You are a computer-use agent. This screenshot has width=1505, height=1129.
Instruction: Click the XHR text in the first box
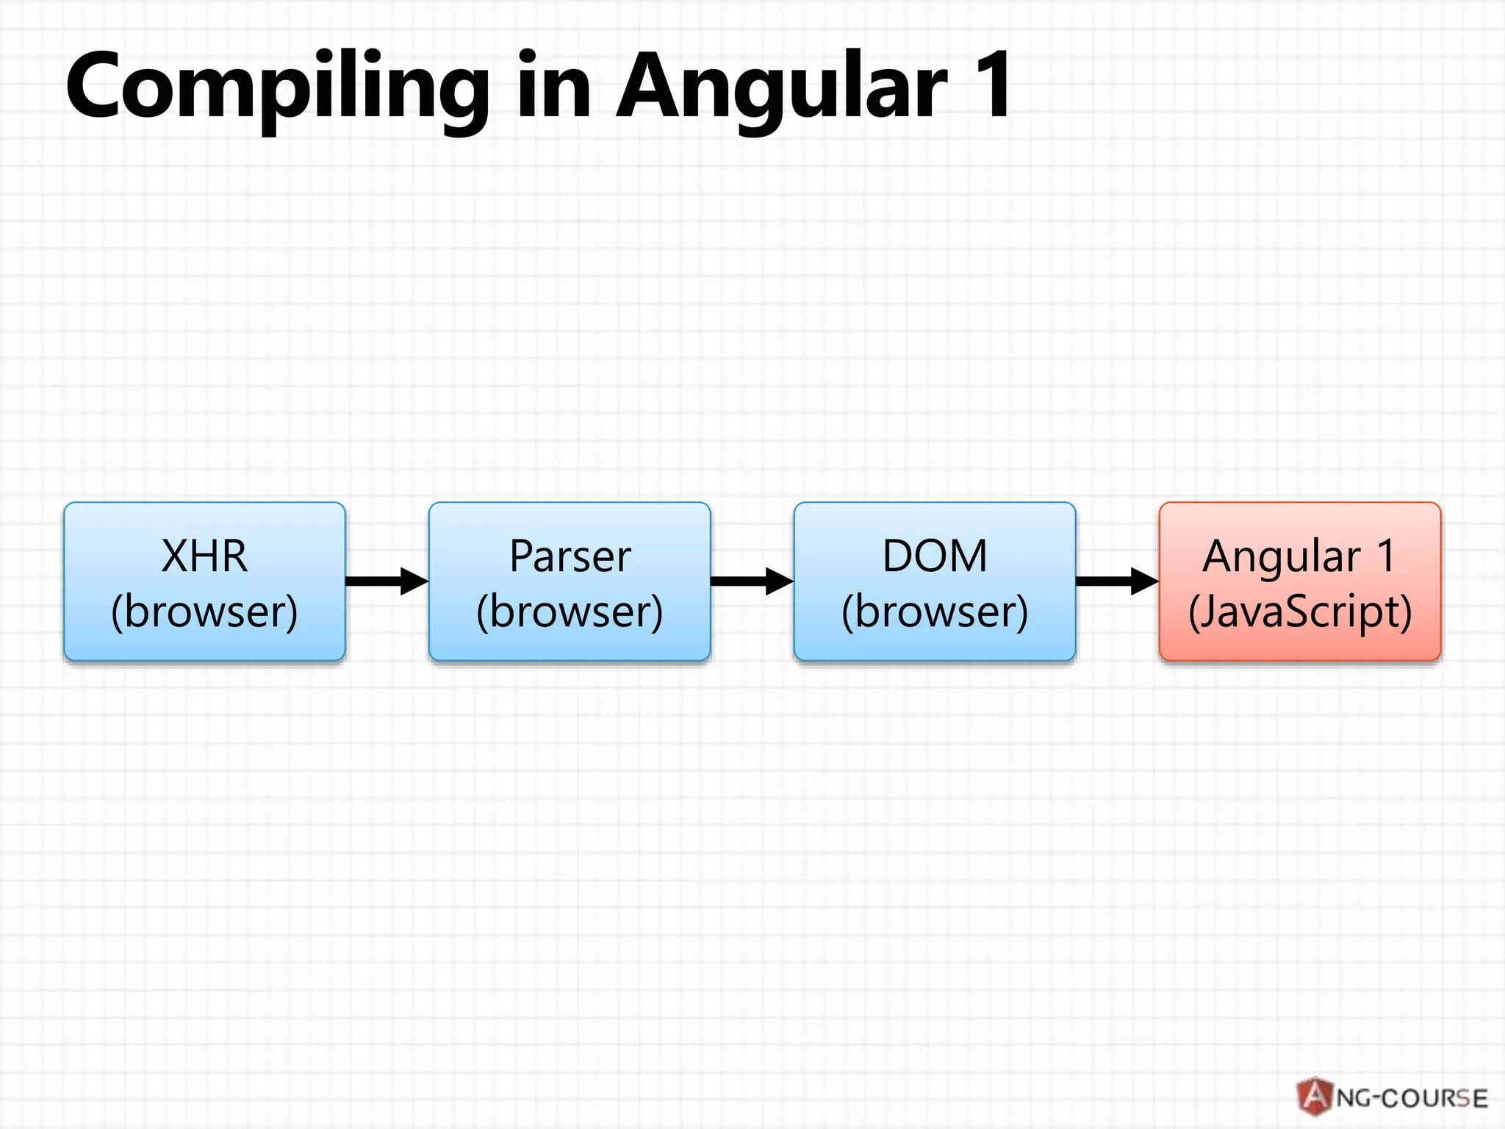[x=204, y=556]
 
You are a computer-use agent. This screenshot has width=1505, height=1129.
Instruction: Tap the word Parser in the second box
[x=570, y=556]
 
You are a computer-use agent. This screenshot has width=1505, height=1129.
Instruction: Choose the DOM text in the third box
[x=935, y=556]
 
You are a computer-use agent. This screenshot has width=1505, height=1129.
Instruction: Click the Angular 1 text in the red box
[x=1299, y=556]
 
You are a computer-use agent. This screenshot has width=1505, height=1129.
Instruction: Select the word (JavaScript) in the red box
[x=1299, y=612]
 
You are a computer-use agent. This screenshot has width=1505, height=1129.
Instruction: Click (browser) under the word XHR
[x=204, y=612]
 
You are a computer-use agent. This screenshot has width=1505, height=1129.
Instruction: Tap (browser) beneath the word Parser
[x=570, y=612]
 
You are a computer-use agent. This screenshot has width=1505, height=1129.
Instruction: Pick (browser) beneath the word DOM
[x=935, y=612]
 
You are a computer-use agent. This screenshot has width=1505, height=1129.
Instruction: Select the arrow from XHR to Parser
[x=386, y=581]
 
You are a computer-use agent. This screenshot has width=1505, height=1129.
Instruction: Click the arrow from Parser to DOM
[x=751, y=581]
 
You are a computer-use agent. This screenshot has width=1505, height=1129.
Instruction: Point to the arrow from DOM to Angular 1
[x=1116, y=581]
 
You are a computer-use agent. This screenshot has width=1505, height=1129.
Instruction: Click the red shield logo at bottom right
[x=1315, y=1096]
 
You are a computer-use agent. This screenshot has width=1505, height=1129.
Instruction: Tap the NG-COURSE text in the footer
[x=1411, y=1098]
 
